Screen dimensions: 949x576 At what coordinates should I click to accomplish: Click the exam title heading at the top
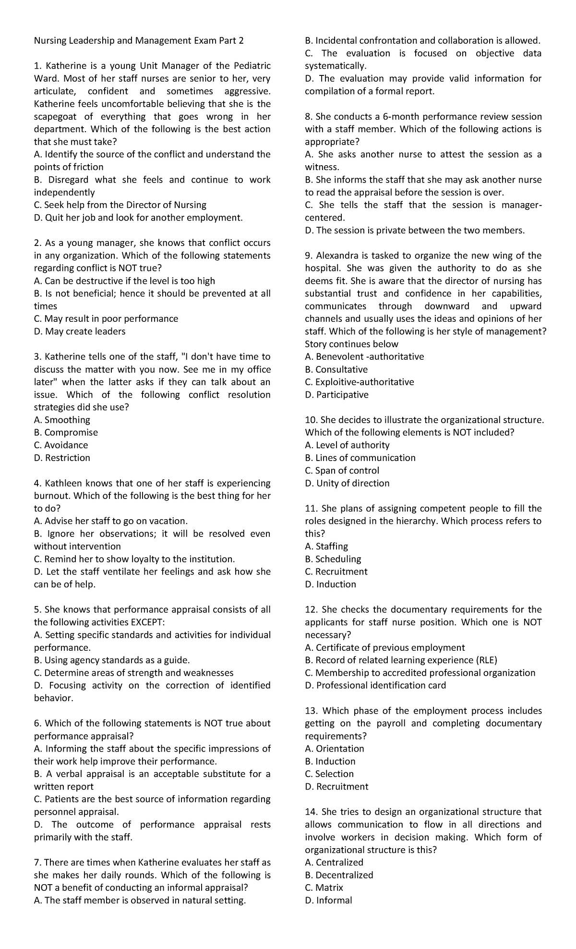(139, 41)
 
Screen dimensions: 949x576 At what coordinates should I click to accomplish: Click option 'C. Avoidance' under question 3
(61, 445)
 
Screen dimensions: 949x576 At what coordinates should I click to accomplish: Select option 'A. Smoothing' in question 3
(62, 420)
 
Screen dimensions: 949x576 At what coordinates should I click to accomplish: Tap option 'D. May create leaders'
(80, 331)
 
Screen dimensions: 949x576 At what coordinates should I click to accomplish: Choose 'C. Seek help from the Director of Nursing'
(120, 205)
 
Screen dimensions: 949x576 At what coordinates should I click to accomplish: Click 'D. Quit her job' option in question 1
(138, 218)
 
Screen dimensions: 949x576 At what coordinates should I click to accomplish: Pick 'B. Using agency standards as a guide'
(112, 660)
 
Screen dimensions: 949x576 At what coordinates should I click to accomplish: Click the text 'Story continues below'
(351, 344)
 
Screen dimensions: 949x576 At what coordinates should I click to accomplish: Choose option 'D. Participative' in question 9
(336, 395)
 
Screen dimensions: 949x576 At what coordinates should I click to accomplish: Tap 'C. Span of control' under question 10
(342, 471)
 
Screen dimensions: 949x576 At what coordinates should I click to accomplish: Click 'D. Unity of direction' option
(347, 483)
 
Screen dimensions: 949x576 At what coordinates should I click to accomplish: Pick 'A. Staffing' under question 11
(326, 547)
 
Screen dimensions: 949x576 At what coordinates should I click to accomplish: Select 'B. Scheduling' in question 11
(333, 559)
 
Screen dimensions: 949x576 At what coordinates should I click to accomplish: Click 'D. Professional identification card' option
(375, 685)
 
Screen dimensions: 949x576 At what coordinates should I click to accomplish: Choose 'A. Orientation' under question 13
(335, 749)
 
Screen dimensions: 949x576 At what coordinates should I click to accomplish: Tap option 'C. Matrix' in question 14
(324, 888)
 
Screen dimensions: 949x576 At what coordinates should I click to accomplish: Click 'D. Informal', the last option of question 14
(328, 900)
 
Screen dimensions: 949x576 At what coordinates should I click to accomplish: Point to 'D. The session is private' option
(415, 231)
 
